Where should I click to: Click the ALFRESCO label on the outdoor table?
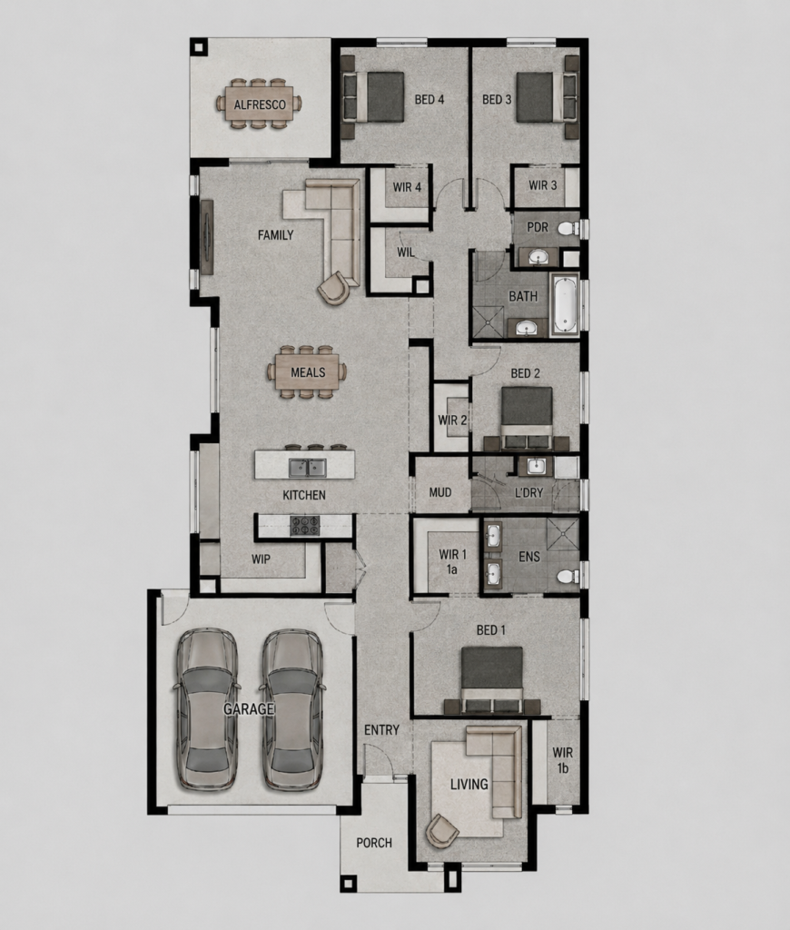coord(259,105)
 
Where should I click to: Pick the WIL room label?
coord(406,252)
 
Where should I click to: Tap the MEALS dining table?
coord(307,372)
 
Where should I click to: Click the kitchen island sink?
coord(307,468)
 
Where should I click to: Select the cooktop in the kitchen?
coord(304,526)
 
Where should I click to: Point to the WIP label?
coord(261,559)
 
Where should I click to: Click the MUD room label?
coord(440,492)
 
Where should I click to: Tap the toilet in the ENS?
coord(568,575)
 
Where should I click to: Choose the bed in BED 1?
coord(492,679)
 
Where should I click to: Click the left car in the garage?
coord(206,708)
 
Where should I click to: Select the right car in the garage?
coord(292,708)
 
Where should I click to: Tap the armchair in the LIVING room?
coord(442,830)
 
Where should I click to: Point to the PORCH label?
coord(374,843)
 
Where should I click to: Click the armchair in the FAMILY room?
coord(334,288)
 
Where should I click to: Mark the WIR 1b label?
coord(563,760)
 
